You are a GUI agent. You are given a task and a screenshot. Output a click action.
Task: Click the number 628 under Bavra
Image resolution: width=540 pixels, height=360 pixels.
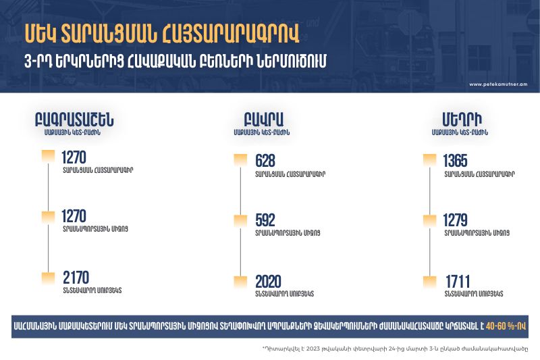pos(265,161)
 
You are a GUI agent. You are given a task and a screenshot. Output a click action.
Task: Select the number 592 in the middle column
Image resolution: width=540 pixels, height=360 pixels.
pos(265,220)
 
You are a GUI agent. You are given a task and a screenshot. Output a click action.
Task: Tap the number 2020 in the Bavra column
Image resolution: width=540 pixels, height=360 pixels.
pos(268,282)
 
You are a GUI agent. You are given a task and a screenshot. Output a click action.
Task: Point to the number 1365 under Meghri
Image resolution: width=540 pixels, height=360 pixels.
pos(455,161)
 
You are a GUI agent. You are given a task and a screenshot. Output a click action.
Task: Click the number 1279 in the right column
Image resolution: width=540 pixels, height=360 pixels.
pos(455,220)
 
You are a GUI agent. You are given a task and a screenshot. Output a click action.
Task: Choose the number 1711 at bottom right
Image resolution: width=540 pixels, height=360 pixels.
pos(458,282)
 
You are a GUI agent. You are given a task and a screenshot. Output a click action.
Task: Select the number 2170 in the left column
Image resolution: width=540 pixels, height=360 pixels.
pos(76,278)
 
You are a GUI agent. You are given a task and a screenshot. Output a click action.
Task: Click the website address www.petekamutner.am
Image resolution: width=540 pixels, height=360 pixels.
pos(498,84)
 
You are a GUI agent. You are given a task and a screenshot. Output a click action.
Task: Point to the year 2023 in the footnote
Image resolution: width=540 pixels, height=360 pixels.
pos(313,349)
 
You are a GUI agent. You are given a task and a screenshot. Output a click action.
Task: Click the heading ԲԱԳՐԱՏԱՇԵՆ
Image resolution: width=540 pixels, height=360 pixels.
pos(74,120)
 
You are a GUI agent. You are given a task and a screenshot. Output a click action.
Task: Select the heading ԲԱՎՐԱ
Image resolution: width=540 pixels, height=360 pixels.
pos(263,120)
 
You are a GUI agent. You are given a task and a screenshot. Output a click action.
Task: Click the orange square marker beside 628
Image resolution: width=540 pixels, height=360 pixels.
pos(240,160)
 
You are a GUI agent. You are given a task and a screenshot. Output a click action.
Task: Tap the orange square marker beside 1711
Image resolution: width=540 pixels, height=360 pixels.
pos(429,282)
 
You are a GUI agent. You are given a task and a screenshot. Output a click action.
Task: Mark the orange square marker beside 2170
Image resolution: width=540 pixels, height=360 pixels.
pos(48,278)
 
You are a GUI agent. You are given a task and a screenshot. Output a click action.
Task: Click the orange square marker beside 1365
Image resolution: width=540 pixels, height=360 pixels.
pos(429,160)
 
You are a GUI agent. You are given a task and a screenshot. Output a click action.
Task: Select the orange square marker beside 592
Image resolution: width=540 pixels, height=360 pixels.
pos(240,221)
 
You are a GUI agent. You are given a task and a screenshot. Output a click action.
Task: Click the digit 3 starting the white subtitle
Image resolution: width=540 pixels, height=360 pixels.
pos(28,62)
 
